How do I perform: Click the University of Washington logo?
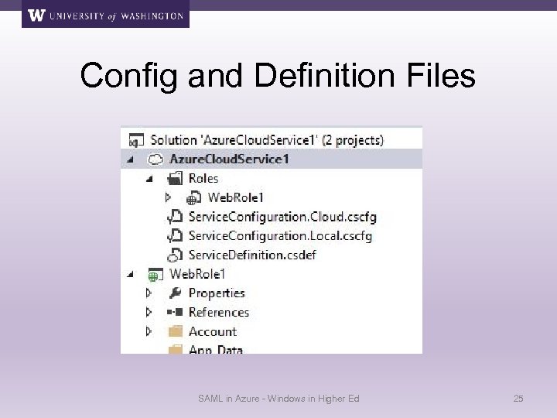pyautogui.click(x=106, y=15)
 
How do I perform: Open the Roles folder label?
pyautogui.click(x=203, y=179)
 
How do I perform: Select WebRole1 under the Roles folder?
pyautogui.click(x=235, y=197)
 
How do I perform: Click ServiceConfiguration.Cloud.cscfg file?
pyautogui.click(x=282, y=216)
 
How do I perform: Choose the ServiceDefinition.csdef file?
pyautogui.click(x=252, y=254)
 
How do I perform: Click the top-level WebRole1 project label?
pyautogui.click(x=197, y=273)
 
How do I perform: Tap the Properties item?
pyautogui.click(x=217, y=293)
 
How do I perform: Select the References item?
pyautogui.click(x=219, y=312)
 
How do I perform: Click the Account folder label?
pyautogui.click(x=213, y=331)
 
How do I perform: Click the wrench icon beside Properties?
pyautogui.click(x=175, y=293)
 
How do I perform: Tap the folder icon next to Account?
pyautogui.click(x=175, y=331)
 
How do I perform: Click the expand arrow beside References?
pyautogui.click(x=149, y=312)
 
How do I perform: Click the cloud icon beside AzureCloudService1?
pyautogui.click(x=155, y=159)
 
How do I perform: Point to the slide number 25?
pyautogui.click(x=518, y=399)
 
